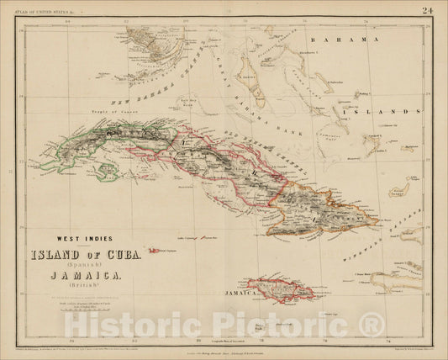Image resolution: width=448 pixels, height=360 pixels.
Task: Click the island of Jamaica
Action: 282,289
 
